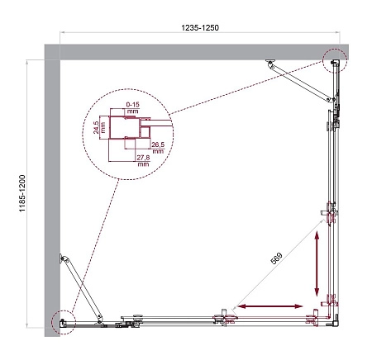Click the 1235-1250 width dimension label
click(198, 27)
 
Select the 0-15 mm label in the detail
click(132, 108)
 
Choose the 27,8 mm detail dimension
click(143, 160)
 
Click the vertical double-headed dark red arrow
click(317, 264)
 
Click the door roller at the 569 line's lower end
click(224, 315)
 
